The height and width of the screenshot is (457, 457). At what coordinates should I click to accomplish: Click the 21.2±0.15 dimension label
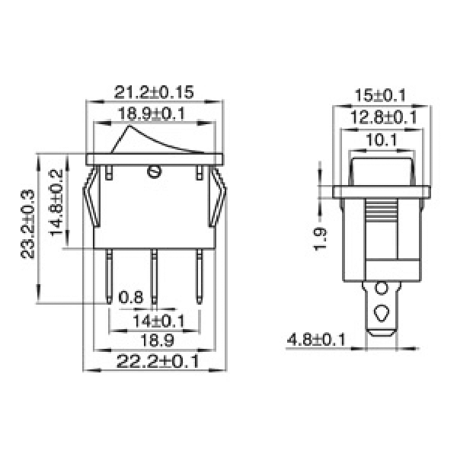(x=154, y=92)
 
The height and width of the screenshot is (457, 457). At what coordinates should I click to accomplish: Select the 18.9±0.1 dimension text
(x=152, y=113)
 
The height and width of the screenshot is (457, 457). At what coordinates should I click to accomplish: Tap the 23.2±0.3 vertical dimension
(x=27, y=224)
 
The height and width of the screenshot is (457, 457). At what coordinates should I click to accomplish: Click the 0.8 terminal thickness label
(x=131, y=298)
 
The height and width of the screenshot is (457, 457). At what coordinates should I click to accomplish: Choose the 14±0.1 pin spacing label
(x=159, y=321)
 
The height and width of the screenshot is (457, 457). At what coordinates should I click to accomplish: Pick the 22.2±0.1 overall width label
(x=158, y=361)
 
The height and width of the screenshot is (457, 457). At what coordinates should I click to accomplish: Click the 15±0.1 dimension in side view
(x=380, y=95)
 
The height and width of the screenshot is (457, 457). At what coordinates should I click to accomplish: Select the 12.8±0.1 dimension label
(x=384, y=117)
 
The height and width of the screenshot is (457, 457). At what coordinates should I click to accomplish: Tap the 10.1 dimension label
(x=382, y=141)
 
